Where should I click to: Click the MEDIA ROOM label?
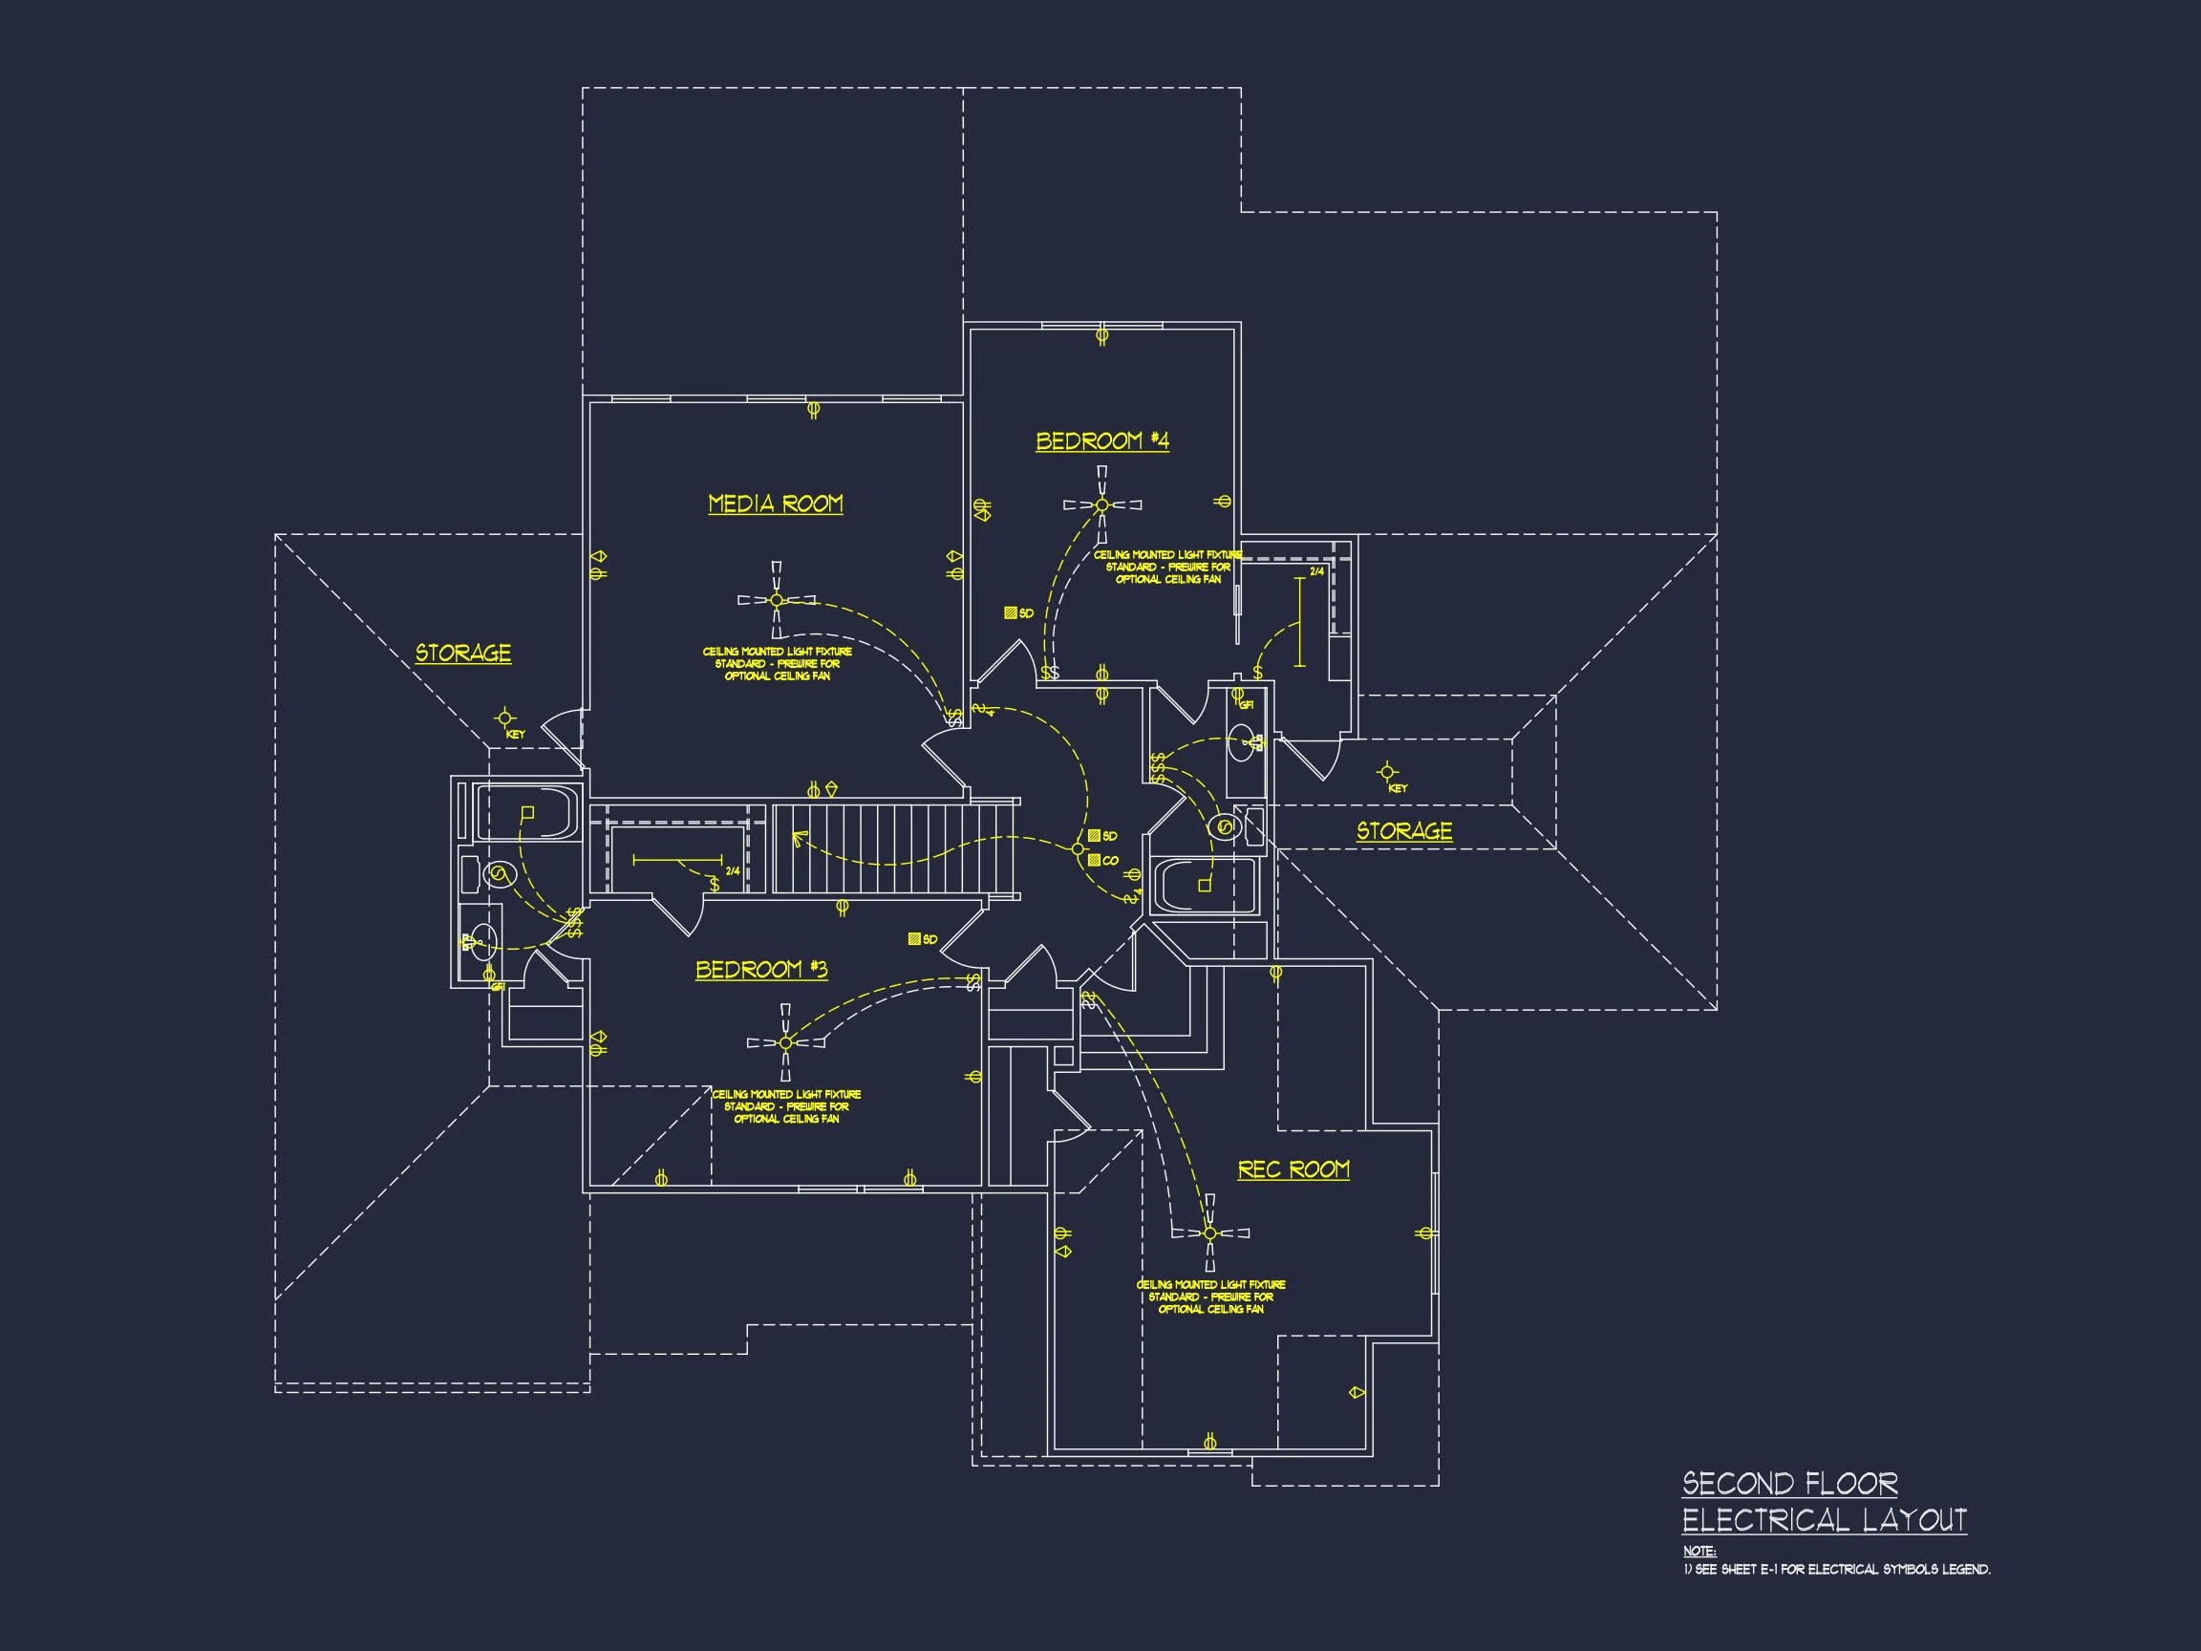pyautogui.click(x=775, y=504)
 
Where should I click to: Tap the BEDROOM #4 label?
pyautogui.click(x=1101, y=440)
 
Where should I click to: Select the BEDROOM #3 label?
pyautogui.click(x=761, y=970)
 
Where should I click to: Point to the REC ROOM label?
pyautogui.click(x=1293, y=1169)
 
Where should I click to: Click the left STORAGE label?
pyautogui.click(x=462, y=654)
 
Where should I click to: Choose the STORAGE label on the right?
pyautogui.click(x=1404, y=831)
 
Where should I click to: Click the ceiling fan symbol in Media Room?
pyautogui.click(x=777, y=600)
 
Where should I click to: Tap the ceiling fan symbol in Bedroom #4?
pyautogui.click(x=1101, y=504)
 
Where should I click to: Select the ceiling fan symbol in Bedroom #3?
pyautogui.click(x=785, y=1042)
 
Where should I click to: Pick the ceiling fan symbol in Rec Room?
pyautogui.click(x=1210, y=1233)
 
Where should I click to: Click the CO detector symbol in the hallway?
pyautogui.click(x=1095, y=860)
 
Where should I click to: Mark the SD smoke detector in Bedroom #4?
pyautogui.click(x=1010, y=613)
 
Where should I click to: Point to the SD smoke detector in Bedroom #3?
pyautogui.click(x=914, y=938)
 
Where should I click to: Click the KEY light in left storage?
pyautogui.click(x=505, y=718)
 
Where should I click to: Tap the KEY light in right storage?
pyautogui.click(x=1387, y=771)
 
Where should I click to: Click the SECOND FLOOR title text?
pyautogui.click(x=1789, y=1484)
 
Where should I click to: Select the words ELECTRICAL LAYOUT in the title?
pyautogui.click(x=1824, y=1521)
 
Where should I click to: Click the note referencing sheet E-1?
pyautogui.click(x=1837, y=1570)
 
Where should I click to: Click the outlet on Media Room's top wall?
pyautogui.click(x=813, y=409)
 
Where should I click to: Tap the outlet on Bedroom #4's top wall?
pyautogui.click(x=1101, y=335)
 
